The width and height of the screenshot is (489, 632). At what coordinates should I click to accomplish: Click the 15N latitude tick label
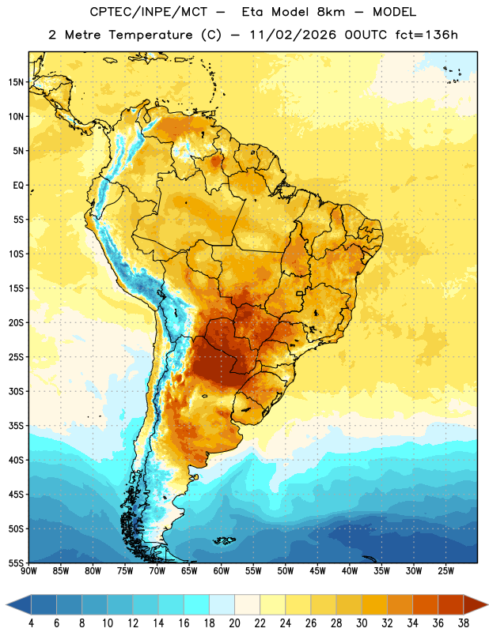(x=16, y=82)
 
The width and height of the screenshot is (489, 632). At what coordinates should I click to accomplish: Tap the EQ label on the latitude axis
(x=18, y=186)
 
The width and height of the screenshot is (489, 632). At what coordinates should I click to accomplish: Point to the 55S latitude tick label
(x=16, y=563)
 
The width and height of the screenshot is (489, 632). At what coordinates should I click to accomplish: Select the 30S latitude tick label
(x=16, y=391)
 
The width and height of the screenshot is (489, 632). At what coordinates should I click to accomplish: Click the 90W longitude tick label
(x=28, y=571)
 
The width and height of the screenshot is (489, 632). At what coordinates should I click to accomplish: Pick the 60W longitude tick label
(x=222, y=571)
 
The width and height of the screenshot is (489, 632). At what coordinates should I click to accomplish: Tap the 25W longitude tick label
(x=445, y=571)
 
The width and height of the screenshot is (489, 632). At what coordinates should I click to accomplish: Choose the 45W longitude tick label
(x=317, y=571)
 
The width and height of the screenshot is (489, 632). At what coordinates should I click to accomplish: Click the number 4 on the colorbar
(x=31, y=623)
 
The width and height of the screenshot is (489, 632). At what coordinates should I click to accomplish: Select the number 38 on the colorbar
(x=464, y=623)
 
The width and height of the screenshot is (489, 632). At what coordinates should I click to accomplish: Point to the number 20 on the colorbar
(x=234, y=623)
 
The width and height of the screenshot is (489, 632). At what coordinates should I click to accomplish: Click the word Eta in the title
(x=252, y=12)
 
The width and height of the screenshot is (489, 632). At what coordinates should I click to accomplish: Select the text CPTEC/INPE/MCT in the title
(x=149, y=12)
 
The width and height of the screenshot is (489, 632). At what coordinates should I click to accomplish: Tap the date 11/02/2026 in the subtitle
(x=293, y=35)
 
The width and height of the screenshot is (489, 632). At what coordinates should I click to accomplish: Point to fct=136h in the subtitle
(x=426, y=35)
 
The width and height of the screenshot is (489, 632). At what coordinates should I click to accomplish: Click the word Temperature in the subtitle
(x=150, y=35)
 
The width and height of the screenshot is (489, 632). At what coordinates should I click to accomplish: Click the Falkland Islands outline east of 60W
(x=224, y=540)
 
